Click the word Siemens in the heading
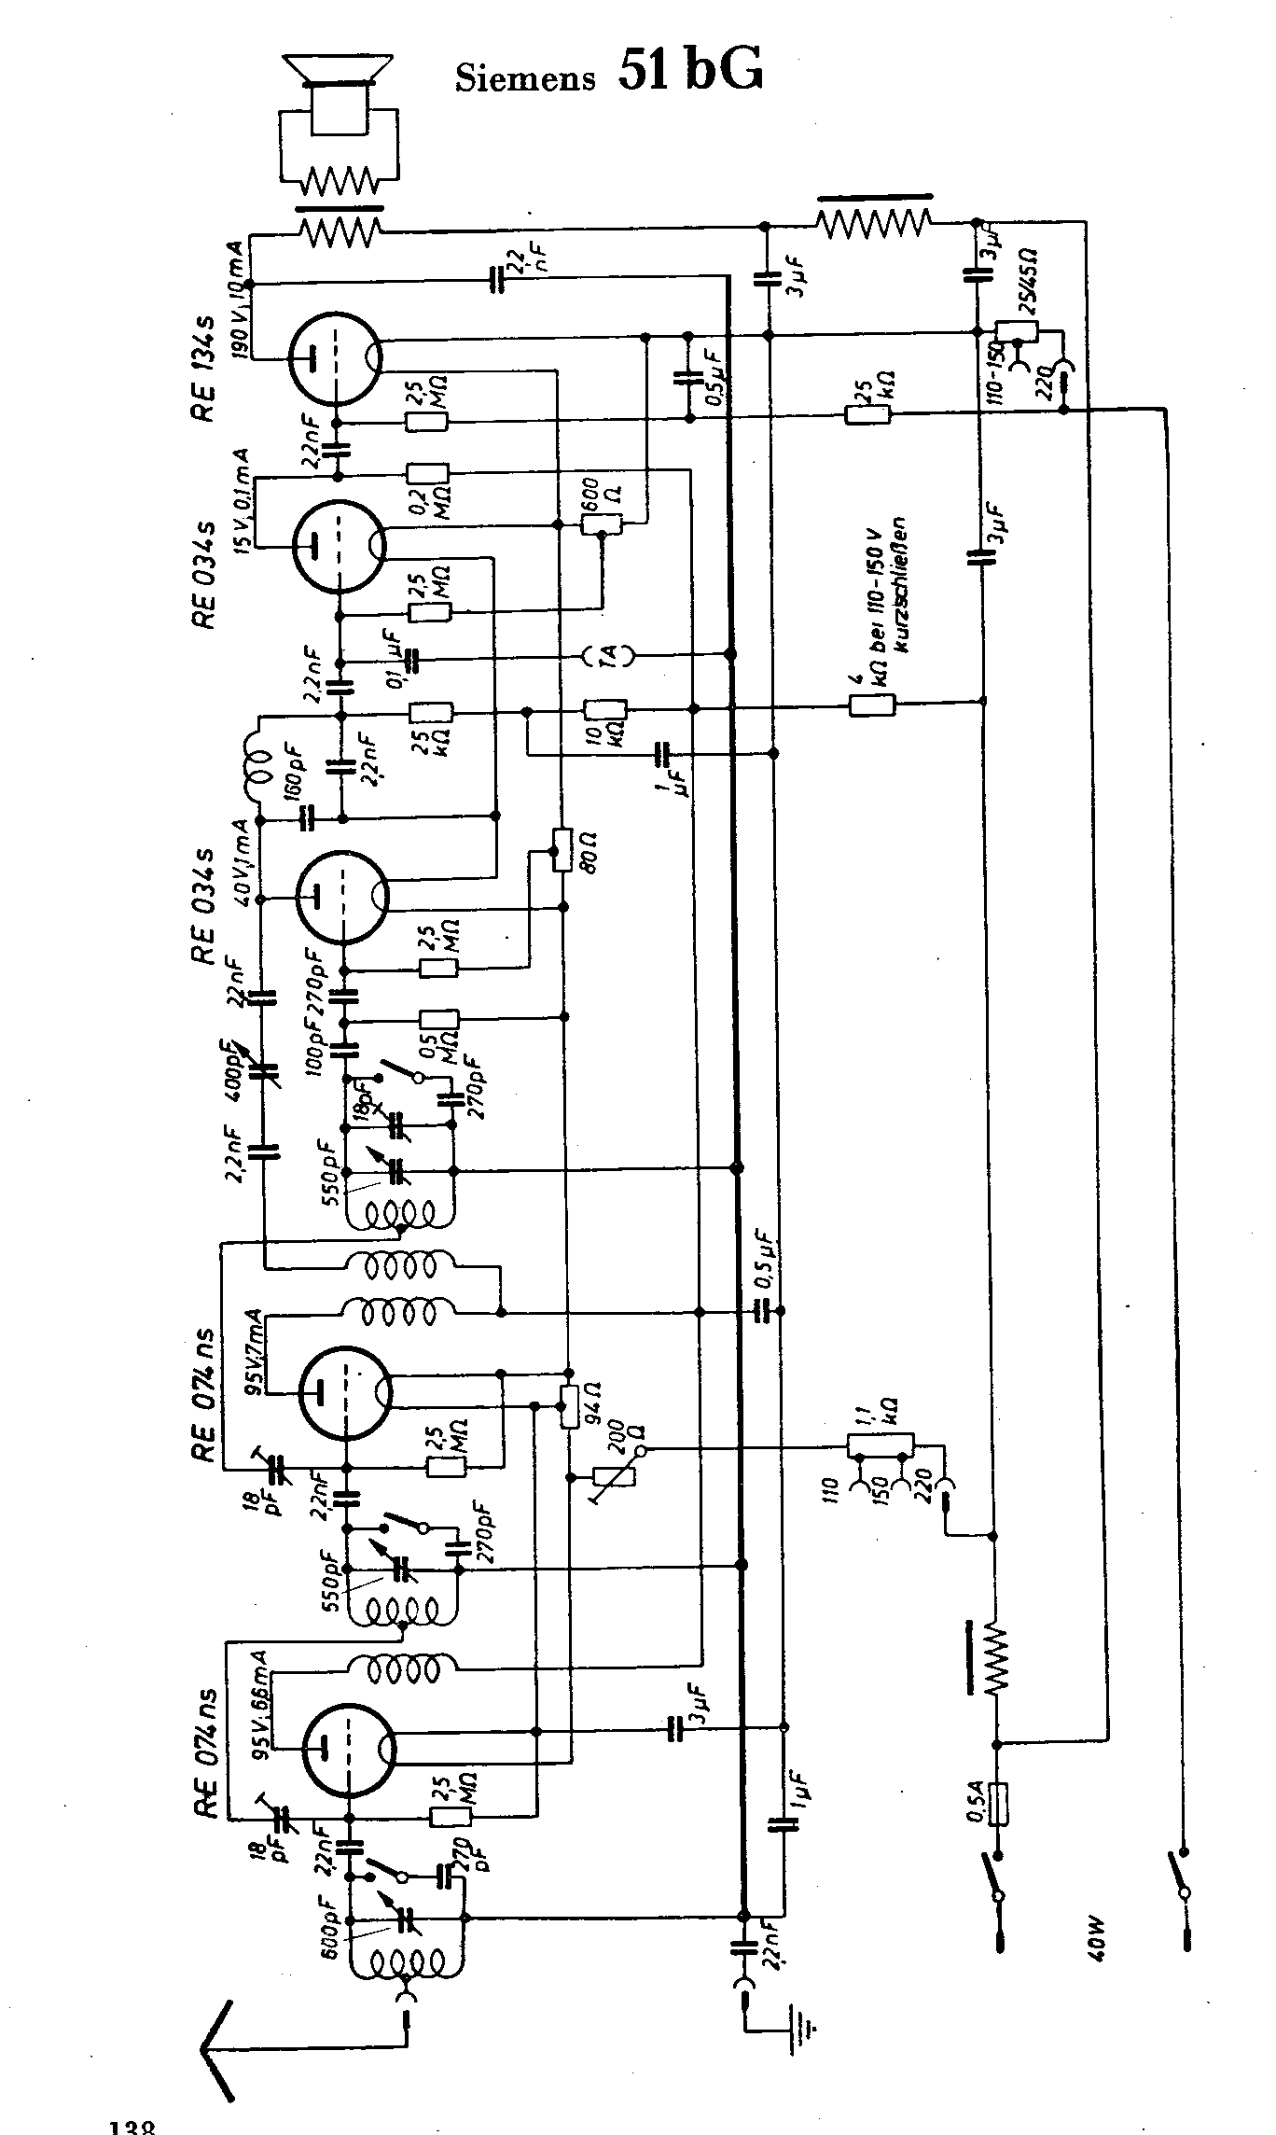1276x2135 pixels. [x=525, y=78]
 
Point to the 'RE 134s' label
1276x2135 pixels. [x=204, y=370]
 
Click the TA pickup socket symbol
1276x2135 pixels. [x=606, y=657]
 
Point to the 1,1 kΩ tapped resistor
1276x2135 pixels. [x=881, y=1445]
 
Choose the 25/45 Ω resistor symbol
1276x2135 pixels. [x=1017, y=331]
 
